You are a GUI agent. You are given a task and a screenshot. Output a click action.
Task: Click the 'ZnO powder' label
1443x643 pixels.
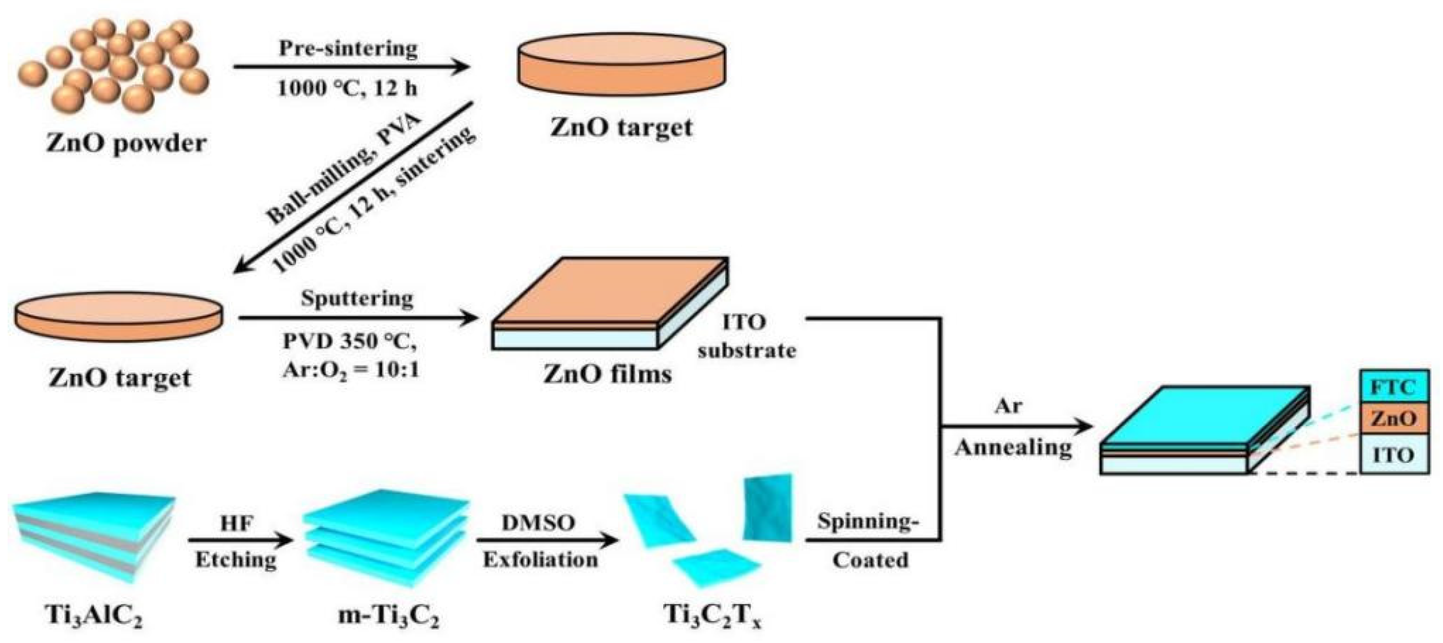pyautogui.click(x=127, y=144)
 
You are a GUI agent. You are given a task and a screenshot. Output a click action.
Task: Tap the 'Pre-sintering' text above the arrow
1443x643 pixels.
pyautogui.click(x=348, y=48)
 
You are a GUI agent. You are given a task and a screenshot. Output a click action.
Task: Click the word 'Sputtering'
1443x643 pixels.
pyautogui.click(x=357, y=299)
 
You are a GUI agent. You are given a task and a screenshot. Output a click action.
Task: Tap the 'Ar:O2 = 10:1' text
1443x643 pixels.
pyautogui.click(x=351, y=370)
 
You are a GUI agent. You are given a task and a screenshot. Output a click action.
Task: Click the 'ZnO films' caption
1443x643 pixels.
pyautogui.click(x=607, y=373)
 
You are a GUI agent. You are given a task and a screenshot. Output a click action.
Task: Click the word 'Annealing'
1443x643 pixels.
pyautogui.click(x=1013, y=447)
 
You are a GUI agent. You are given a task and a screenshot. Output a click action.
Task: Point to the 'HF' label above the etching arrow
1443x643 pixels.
pyautogui.click(x=236, y=523)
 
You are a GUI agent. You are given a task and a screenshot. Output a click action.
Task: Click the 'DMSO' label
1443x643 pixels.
pyautogui.click(x=538, y=523)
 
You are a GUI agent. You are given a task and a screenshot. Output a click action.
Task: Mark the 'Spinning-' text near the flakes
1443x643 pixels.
pyautogui.click(x=867, y=521)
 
